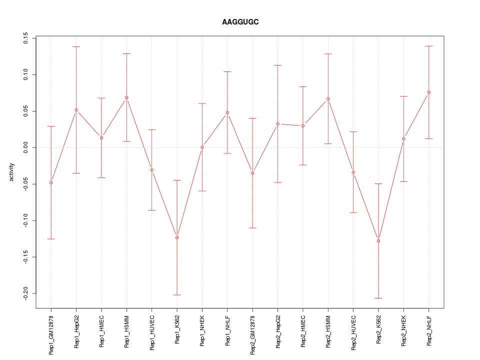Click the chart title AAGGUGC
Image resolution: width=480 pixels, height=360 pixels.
[240, 22]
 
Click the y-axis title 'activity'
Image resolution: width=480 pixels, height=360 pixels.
[12, 172]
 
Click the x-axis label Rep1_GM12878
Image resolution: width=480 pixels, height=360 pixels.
[51, 334]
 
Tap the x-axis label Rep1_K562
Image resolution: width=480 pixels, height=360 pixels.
[177, 329]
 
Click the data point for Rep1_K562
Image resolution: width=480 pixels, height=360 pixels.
[177, 237]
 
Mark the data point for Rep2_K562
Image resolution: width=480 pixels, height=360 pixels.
[378, 241]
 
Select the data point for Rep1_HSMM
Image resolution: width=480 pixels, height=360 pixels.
[126, 97]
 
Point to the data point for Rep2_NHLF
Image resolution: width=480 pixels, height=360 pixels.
[429, 92]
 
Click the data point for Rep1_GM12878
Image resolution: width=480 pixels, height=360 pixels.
[51, 182]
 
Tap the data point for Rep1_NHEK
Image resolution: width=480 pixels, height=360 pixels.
[202, 147]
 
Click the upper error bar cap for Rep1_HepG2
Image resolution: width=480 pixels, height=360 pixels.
[76, 46]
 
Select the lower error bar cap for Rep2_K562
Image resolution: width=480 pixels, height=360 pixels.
[378, 298]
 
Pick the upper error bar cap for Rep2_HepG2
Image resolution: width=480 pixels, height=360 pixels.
[278, 65]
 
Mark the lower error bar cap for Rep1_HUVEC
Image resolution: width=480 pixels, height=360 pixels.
[152, 210]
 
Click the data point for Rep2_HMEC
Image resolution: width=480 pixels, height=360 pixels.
[303, 125]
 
